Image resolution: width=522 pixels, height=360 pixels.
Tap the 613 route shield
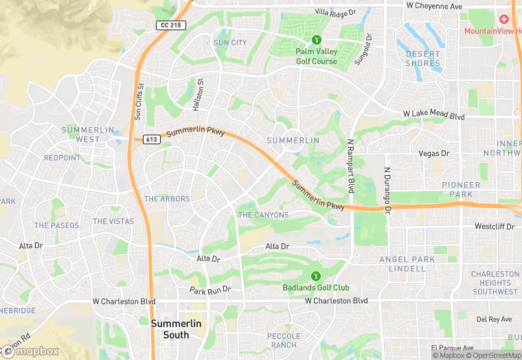point(152,139)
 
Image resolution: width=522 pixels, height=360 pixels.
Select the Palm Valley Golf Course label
point(317,56)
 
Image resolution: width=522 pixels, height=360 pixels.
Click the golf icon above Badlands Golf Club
point(316,277)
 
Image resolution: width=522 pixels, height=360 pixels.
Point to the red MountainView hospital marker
point(504,19)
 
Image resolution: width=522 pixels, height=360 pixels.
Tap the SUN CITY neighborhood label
point(230,43)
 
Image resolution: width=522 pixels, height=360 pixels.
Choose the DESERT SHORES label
point(422,58)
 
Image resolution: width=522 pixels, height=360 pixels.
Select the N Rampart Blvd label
point(350,166)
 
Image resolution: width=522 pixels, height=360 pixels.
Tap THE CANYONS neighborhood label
point(263,215)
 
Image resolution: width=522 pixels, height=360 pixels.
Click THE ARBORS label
point(167,199)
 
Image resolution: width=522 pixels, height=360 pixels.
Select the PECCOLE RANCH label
point(284,340)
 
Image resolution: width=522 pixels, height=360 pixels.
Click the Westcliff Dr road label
point(495,226)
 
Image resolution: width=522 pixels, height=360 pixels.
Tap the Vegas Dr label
point(435,154)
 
